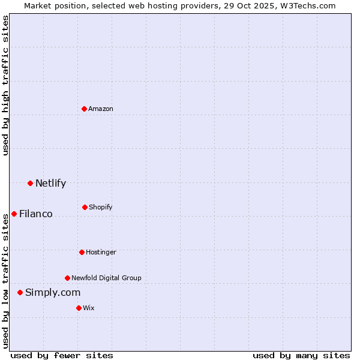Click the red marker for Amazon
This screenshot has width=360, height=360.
coord(84,109)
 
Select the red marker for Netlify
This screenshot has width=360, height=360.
coord(30,183)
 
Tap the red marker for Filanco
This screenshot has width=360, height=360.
coord(14,214)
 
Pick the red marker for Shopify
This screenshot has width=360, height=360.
coord(85,207)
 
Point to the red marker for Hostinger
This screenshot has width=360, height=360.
coord(82,252)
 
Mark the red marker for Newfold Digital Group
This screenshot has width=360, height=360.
coord(67,278)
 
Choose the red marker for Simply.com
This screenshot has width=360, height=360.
coord(20,292)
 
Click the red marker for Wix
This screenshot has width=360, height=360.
coord(79,308)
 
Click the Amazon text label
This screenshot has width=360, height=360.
coord(101,109)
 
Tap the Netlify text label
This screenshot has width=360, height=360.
coord(50,183)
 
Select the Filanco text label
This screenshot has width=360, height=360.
coord(36,214)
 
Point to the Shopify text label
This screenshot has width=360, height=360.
coord(101,207)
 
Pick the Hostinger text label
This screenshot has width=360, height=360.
coord(101,252)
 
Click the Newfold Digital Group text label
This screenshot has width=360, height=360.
coord(106,278)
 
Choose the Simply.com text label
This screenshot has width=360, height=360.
coord(53,292)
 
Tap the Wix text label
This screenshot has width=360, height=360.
coord(89,308)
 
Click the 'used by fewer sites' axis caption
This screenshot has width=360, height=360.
coord(62,355)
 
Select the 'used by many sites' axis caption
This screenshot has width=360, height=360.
coord(301,355)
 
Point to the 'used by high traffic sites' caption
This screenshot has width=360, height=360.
coord(5,85)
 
